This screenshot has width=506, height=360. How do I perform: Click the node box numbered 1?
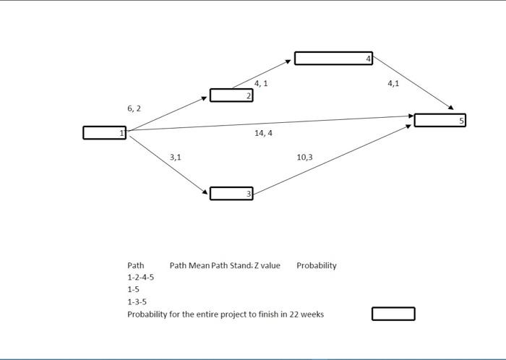[104, 132]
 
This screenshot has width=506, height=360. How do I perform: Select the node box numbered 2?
[231, 95]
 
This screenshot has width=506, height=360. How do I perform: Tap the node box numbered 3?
[231, 193]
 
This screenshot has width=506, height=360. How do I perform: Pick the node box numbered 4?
[333, 59]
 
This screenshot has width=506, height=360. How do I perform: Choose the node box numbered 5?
[439, 120]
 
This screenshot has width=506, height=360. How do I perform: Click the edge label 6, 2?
[134, 108]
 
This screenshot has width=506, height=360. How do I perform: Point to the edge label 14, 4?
[263, 134]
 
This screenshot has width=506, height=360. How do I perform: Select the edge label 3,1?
[176, 157]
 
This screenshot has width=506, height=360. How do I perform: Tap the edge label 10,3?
[304, 157]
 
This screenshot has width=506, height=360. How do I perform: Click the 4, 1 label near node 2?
[261, 84]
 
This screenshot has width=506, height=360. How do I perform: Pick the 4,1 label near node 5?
[393, 84]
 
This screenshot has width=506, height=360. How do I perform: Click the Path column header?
[135, 265]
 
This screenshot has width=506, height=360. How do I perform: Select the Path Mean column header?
[189, 265]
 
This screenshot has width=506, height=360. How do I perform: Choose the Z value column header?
[267, 265]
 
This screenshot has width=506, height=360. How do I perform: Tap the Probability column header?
[316, 265]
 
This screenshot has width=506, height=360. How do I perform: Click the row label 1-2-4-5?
[140, 278]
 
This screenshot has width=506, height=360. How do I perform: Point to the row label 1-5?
[133, 290]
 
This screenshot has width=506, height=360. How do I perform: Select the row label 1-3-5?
[137, 302]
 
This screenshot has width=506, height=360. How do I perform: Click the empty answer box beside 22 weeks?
[393, 314]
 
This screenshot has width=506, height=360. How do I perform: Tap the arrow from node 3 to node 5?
[333, 159]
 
